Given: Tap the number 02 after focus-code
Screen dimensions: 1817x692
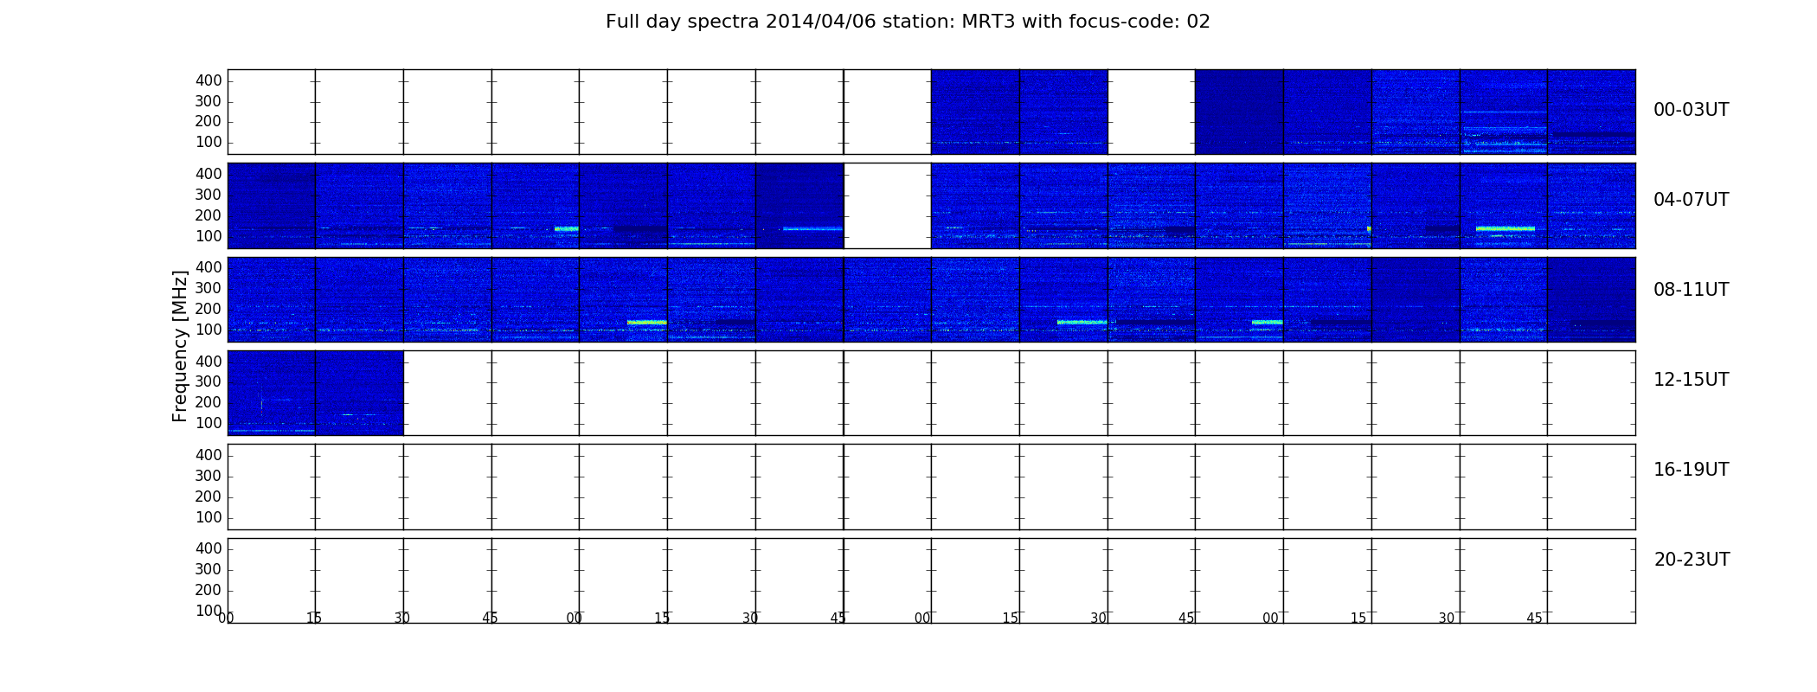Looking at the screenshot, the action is point(1198,22).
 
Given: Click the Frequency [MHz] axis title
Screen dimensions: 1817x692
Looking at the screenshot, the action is point(180,346).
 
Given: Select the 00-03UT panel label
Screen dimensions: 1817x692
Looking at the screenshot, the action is point(1692,110).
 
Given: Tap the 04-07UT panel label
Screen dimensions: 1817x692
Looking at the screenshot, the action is point(1692,200).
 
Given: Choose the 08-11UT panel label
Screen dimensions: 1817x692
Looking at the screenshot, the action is point(1692,290).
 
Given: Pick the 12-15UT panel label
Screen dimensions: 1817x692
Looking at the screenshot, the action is point(1692,380).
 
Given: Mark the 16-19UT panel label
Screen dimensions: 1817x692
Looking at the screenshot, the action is point(1692,470).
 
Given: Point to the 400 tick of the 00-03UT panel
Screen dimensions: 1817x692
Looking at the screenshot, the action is point(209,80).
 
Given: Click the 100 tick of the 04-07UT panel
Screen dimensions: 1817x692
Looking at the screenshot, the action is point(209,236).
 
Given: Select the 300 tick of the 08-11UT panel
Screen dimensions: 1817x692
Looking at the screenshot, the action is point(209,288).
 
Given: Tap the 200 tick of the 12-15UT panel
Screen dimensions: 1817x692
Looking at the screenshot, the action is point(209,402).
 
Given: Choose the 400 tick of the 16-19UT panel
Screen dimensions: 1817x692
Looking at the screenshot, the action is point(209,455).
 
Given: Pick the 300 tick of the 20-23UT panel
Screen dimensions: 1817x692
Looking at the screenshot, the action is point(209,569).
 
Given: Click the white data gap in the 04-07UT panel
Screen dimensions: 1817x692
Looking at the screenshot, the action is point(888,206).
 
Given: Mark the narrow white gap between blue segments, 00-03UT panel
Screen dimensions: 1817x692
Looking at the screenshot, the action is point(1152,112).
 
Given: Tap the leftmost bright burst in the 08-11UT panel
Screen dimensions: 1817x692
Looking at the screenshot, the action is point(647,323).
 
